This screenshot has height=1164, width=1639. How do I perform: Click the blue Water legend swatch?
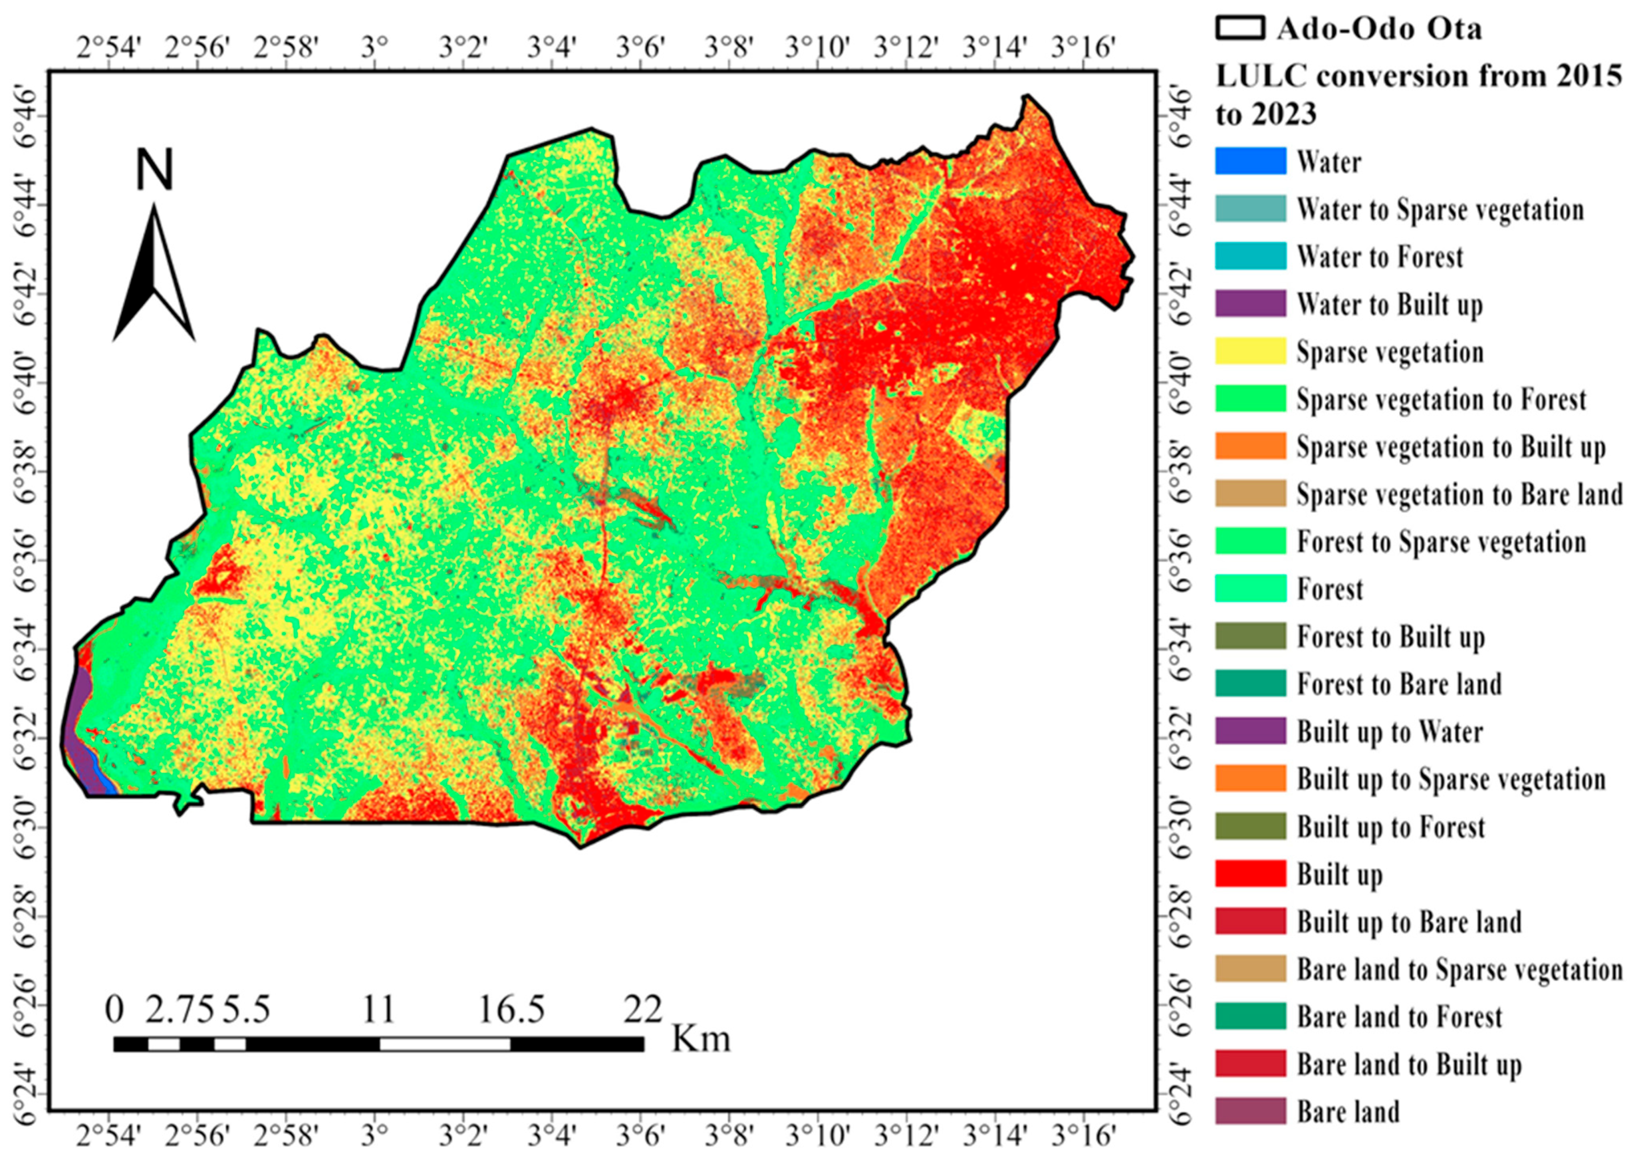1250,161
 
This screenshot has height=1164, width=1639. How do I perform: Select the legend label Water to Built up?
1389,305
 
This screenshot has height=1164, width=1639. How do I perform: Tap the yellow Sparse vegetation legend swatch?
1250,351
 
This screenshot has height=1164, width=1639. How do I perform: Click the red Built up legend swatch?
1250,874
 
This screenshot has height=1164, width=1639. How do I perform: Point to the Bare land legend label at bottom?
1347,1112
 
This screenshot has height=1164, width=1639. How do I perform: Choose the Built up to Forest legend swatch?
1250,827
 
